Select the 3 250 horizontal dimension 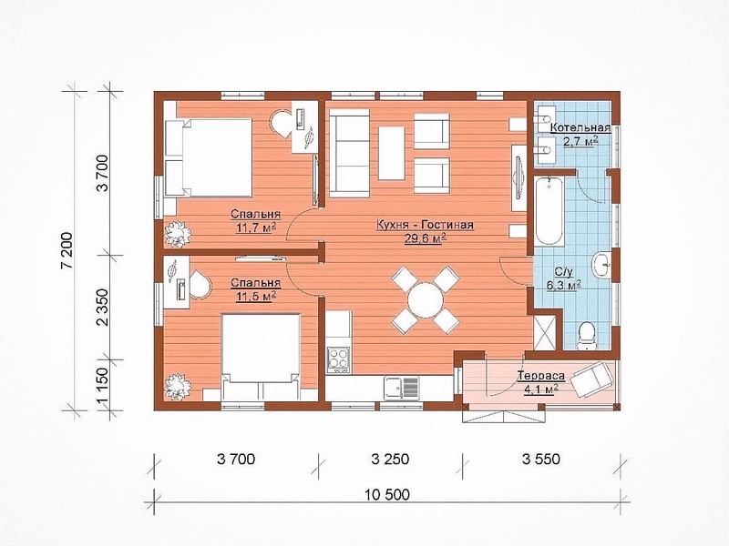(390, 460)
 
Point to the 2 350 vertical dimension (103, 308)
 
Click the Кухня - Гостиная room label (425, 225)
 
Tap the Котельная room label (580, 127)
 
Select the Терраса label (541, 376)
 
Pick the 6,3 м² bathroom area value (565, 285)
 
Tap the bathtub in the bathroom (549, 209)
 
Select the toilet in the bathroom (586, 336)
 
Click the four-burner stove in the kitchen (339, 359)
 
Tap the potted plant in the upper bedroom (178, 232)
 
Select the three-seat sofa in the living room (350, 153)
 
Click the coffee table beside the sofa (392, 153)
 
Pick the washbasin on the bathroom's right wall (603, 266)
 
